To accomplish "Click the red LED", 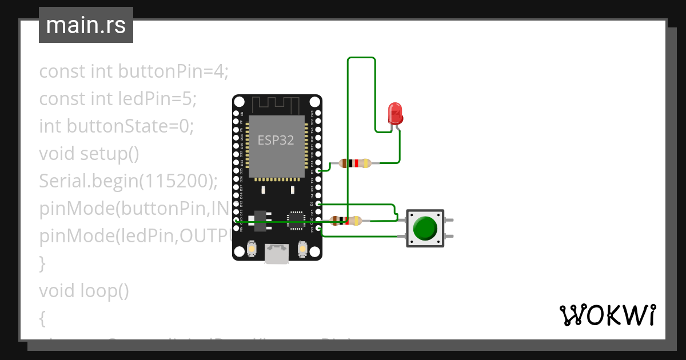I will (395, 114).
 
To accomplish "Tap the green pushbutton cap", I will (425, 228).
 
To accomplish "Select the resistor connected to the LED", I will (355, 163).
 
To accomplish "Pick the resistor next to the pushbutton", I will (346, 221).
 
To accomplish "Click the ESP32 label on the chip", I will (276, 140).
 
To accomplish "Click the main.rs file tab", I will (86, 25).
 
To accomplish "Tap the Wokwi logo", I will (607, 315).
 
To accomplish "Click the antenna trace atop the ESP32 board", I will (277, 105).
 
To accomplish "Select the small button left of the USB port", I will (251, 249).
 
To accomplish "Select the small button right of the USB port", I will (302, 249).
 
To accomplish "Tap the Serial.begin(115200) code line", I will (129, 181).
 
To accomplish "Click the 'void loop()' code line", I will (84, 291).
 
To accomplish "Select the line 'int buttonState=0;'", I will (117, 126).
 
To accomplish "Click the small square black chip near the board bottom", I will (296, 219).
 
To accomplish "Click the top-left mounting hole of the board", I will (240, 102).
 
